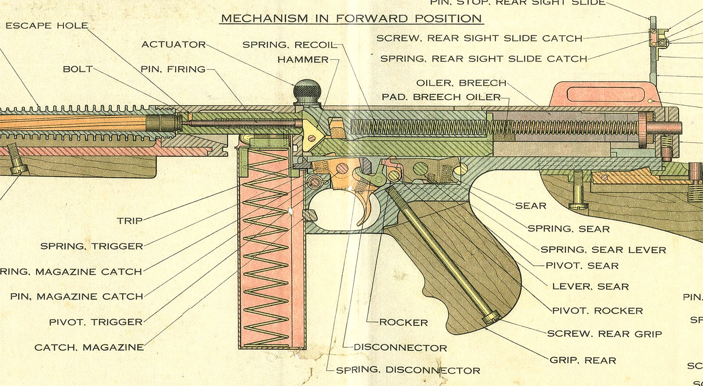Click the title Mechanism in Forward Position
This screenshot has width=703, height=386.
(x=351, y=19)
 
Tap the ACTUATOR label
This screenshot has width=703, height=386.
(x=174, y=44)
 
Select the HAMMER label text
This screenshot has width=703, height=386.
(x=303, y=60)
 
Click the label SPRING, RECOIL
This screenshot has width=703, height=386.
(x=289, y=45)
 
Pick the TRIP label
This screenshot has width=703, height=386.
(x=130, y=221)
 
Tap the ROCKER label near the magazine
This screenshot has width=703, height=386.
(x=404, y=322)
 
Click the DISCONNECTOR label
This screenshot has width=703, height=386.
(x=400, y=348)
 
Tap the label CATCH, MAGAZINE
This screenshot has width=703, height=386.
(x=89, y=348)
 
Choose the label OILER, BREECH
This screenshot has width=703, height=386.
(x=461, y=83)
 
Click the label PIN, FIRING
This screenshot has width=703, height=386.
(x=173, y=69)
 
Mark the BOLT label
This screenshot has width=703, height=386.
(x=78, y=69)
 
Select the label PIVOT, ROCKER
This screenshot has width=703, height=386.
(x=597, y=311)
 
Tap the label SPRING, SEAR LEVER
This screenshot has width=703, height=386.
(x=603, y=250)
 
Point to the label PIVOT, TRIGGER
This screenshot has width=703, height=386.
(x=96, y=322)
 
